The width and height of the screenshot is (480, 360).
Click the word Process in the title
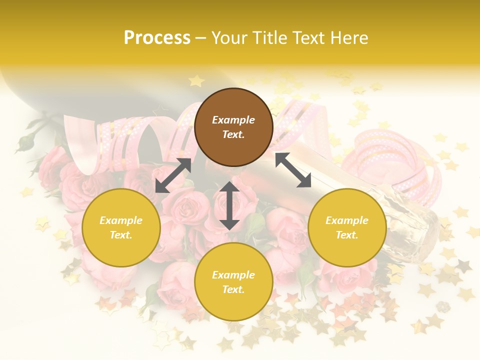click(157, 38)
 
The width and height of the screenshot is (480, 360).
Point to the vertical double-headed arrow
click(229, 205)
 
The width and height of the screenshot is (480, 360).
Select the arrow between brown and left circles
click(173, 175)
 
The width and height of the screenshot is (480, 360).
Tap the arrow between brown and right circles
click(293, 170)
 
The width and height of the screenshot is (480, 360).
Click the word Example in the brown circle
click(233, 120)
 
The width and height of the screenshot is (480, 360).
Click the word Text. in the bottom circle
click(233, 289)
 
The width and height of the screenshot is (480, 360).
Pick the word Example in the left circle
click(121, 220)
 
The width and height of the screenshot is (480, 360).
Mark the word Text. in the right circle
click(347, 235)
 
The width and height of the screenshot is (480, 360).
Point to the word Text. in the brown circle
click(233, 134)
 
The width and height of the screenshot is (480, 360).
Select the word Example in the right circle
click(347, 220)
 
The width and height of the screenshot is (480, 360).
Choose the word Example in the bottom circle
click(233, 275)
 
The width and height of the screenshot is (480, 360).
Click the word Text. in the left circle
click(121, 235)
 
